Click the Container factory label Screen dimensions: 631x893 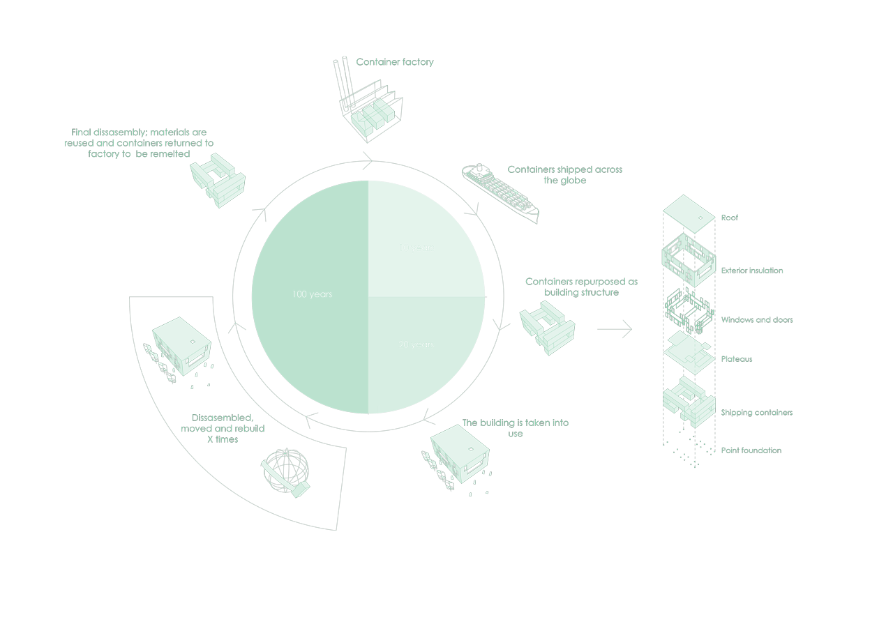395,62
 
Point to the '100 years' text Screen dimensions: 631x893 312,294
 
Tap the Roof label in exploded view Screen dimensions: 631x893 730,218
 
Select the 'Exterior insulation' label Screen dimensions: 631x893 752,271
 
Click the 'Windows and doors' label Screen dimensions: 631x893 757,320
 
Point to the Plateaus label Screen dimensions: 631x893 737,359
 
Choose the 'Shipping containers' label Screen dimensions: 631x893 757,413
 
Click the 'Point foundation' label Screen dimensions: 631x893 751,450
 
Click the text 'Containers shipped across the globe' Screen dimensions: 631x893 564,175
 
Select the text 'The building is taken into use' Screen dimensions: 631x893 516,428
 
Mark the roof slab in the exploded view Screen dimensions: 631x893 689,213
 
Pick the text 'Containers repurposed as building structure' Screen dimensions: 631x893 581,287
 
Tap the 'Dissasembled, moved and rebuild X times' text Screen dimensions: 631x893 223,428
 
